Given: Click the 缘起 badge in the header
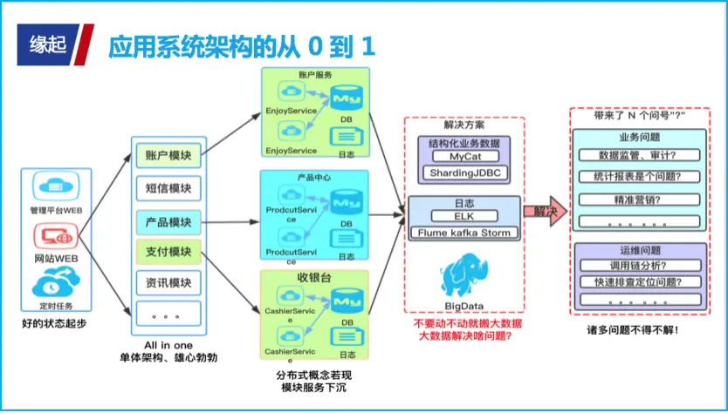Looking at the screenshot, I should pyautogui.click(x=48, y=44).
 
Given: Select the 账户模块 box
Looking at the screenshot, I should pyautogui.click(x=168, y=155).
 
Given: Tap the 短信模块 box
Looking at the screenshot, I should pyautogui.click(x=168, y=187).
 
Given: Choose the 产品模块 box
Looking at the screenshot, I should pyautogui.click(x=168, y=220).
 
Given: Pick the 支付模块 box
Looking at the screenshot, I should pyautogui.click(x=168, y=252).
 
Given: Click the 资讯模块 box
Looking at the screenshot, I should pyautogui.click(x=168, y=283).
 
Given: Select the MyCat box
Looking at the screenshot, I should pyautogui.click(x=464, y=157).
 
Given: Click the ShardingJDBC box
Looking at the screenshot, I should pyautogui.click(x=464, y=173).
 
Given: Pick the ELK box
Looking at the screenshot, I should pyautogui.click(x=464, y=216).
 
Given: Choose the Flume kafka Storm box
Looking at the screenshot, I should pyautogui.click(x=464, y=233).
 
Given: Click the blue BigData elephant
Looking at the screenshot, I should pyautogui.click(x=464, y=276).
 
